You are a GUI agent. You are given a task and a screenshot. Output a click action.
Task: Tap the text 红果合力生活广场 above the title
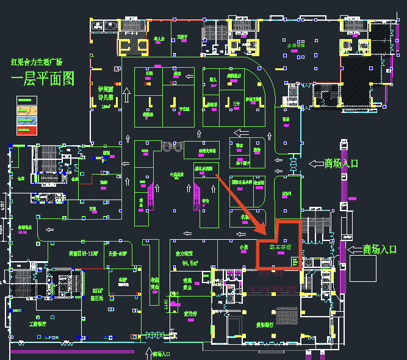click(37, 62)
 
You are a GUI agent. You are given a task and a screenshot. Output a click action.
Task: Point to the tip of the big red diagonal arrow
click(264, 232)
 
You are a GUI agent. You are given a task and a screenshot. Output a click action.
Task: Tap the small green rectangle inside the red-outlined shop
click(295, 262)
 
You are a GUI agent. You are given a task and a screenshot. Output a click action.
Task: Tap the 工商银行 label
click(38, 324)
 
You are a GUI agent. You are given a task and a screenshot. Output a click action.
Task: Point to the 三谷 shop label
click(237, 104)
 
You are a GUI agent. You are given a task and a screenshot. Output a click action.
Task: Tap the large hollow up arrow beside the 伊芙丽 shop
click(126, 95)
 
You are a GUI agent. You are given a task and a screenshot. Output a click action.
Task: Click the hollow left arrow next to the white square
click(353, 249)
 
